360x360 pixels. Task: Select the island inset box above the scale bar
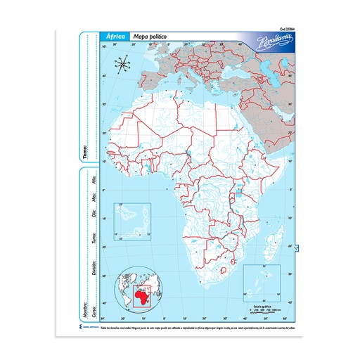(x=261, y=283)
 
